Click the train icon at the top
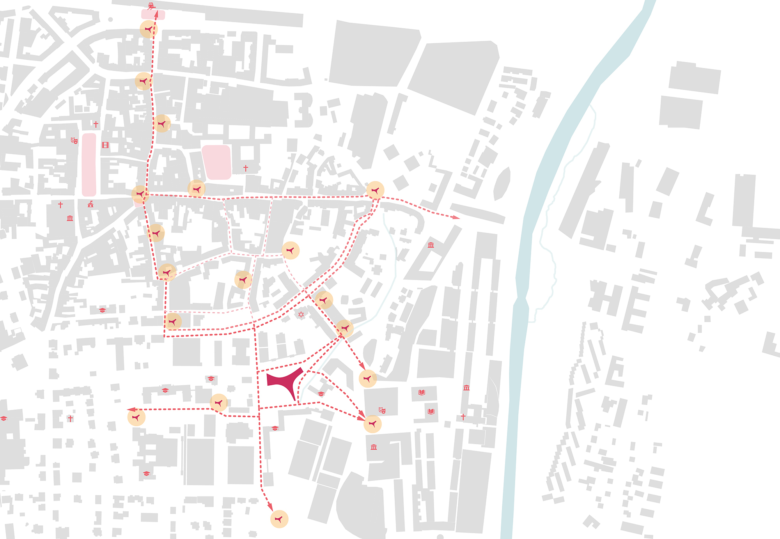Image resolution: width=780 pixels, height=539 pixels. point(151,5)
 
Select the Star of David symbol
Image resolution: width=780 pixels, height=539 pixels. point(301,314)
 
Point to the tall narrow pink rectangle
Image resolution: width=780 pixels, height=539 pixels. point(89,165)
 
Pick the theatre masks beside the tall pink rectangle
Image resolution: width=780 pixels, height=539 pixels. point(74,140)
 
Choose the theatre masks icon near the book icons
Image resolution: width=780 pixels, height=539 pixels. point(382,410)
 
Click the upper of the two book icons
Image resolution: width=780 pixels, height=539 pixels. point(422,392)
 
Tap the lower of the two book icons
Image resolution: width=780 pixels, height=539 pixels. point(431,411)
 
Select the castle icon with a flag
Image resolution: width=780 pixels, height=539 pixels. point(90,204)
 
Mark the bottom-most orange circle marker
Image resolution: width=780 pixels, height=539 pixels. point(279,519)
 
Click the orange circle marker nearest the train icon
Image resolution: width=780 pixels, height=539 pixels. point(148,29)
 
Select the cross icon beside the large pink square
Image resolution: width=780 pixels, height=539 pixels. point(246,168)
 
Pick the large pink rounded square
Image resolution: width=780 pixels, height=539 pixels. point(216,162)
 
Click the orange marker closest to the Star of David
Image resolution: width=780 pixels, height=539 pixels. point(324,300)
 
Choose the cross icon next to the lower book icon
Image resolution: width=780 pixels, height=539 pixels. point(463,417)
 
